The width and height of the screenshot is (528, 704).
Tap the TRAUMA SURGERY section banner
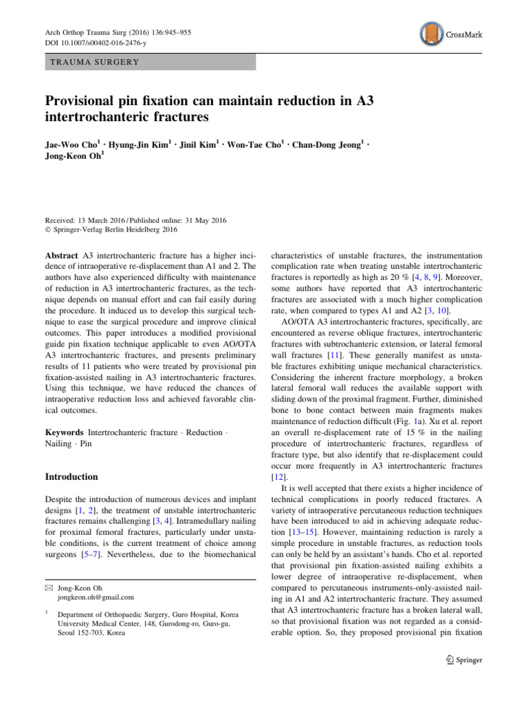point(150,62)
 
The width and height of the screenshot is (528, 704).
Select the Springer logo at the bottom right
point(463,660)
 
